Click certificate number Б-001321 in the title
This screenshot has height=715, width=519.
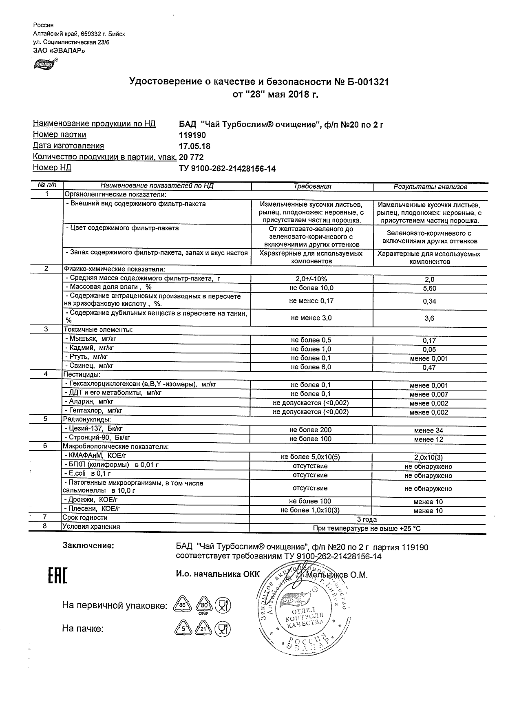coord(367,82)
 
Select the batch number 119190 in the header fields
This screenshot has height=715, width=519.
coord(193,135)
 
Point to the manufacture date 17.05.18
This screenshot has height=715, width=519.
coord(195,146)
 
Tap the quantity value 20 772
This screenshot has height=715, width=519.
coord(191,157)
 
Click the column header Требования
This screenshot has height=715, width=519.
coord(312,187)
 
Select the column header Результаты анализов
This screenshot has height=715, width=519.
coord(430,187)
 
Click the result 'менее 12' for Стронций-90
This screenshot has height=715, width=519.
coord(428,439)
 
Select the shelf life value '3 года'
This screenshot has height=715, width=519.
coord(367,520)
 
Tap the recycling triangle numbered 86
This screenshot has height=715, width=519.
coord(183,605)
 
